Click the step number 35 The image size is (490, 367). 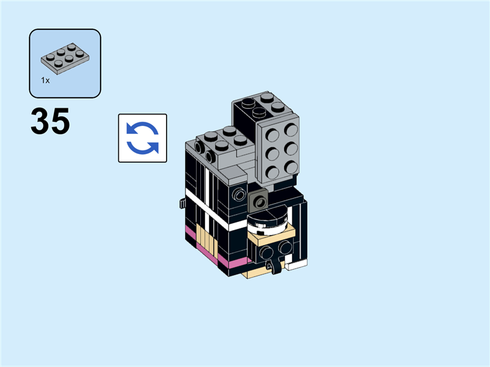(x=50, y=122)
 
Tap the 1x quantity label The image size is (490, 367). (x=45, y=80)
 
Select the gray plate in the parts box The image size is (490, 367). (x=64, y=57)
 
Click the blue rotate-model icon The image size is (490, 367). (x=142, y=138)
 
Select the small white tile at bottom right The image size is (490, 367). (x=296, y=265)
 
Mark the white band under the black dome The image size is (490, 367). (x=268, y=231)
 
